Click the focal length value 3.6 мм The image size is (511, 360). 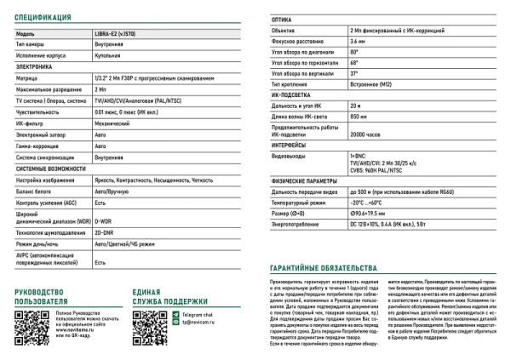pyautogui.click(x=358, y=41)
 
